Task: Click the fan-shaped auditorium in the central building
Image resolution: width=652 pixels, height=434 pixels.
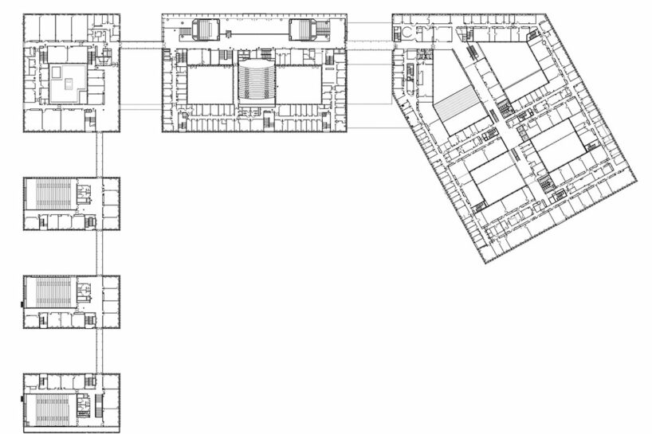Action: (x=255, y=80)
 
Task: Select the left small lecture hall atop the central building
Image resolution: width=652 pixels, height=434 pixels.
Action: (x=206, y=31)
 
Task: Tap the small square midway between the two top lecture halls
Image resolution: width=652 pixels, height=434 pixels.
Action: (x=229, y=33)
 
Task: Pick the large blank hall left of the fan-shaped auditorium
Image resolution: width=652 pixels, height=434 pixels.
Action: (x=210, y=84)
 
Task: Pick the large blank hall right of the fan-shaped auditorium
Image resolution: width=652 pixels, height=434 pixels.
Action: (x=298, y=84)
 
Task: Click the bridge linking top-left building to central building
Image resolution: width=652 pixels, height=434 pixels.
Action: (x=141, y=41)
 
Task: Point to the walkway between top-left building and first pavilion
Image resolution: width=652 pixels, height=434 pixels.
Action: (x=100, y=154)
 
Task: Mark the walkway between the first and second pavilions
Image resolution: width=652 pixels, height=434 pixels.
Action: (x=100, y=252)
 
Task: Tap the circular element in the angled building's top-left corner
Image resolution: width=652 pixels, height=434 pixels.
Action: (x=405, y=33)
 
